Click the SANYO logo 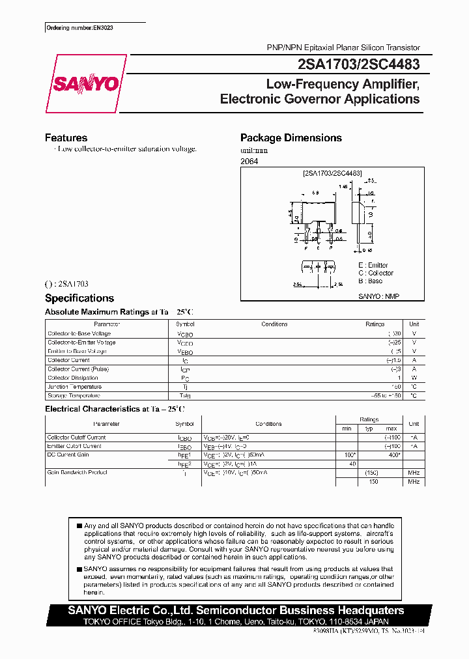[x=83, y=84]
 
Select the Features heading [x=66, y=138]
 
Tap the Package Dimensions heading [x=291, y=138]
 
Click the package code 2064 [x=249, y=161]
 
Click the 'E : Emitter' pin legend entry [x=373, y=265]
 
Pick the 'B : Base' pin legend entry [x=370, y=281]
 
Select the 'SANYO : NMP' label [x=378, y=296]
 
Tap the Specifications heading [x=79, y=298]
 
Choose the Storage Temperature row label [x=74, y=395]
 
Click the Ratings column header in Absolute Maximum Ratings [x=375, y=324]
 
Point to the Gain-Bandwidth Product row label [x=77, y=472]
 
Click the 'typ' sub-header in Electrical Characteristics [x=369, y=428]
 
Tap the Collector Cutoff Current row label [x=76, y=438]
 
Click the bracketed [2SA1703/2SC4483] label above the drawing [x=332, y=174]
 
